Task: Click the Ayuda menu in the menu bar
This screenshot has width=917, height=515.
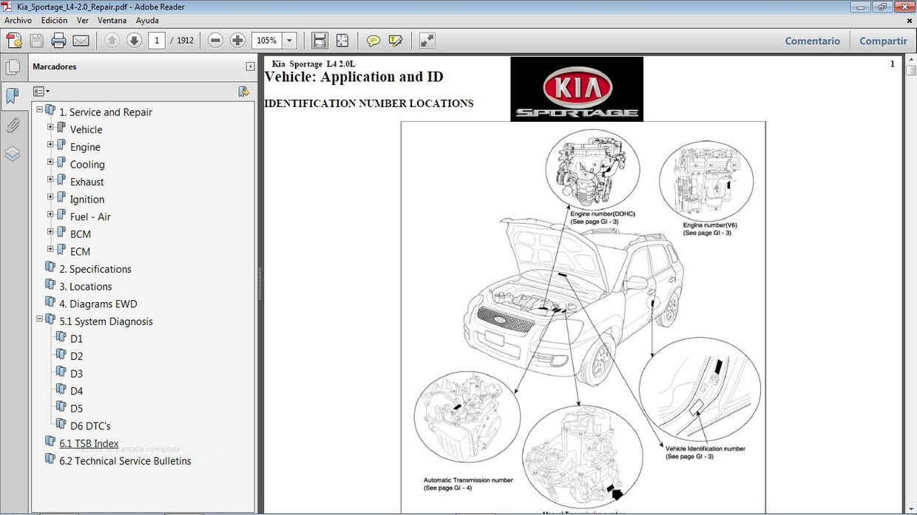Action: (147, 21)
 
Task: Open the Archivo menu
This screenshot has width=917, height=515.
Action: (18, 21)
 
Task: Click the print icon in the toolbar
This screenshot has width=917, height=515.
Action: (58, 41)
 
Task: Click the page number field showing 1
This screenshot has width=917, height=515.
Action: (156, 41)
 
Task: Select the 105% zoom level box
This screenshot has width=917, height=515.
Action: (266, 41)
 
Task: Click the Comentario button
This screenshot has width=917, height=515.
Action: (812, 41)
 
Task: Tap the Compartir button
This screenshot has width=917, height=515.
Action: (883, 41)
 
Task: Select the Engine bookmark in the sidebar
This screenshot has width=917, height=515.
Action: (85, 147)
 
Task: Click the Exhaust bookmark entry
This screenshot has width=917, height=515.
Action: (87, 182)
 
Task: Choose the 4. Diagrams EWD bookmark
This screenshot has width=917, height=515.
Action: (98, 304)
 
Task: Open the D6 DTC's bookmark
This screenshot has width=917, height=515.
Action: (90, 426)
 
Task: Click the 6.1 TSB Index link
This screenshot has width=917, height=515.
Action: (89, 443)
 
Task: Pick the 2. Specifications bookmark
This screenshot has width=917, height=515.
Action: (95, 269)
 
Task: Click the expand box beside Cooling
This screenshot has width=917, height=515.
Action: (50, 163)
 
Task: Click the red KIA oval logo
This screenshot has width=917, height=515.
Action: (577, 88)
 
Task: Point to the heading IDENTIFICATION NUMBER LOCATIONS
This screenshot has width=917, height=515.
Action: (368, 103)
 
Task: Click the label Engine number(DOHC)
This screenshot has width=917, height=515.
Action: (602, 214)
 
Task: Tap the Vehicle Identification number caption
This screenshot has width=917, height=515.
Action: (705, 449)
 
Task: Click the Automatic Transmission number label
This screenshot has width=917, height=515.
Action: (468, 480)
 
